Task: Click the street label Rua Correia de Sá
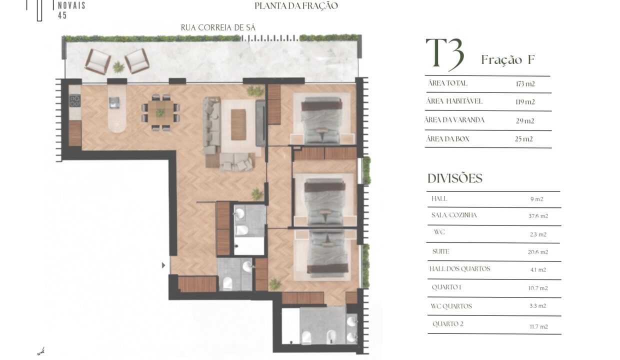pos(218,27)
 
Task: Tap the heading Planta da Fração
pos(296,6)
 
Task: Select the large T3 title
pos(445,54)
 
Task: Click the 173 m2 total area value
pos(525,84)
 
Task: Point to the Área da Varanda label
pos(454,120)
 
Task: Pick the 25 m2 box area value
pos(523,139)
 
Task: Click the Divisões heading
pos(455,178)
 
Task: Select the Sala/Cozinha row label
pos(454,215)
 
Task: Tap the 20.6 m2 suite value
pos(538,252)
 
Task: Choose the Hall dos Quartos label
pos(459,268)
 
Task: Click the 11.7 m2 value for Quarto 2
pos(538,327)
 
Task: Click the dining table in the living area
pos(160,112)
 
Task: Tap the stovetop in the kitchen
pos(74,100)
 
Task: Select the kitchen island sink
pos(114,102)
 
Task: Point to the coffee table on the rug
pos(238,124)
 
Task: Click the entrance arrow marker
pos(163,265)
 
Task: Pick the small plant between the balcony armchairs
pos(118,67)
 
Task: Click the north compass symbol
pos(40,351)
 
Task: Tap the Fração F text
pos(508,60)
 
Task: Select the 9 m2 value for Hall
pos(536,199)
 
